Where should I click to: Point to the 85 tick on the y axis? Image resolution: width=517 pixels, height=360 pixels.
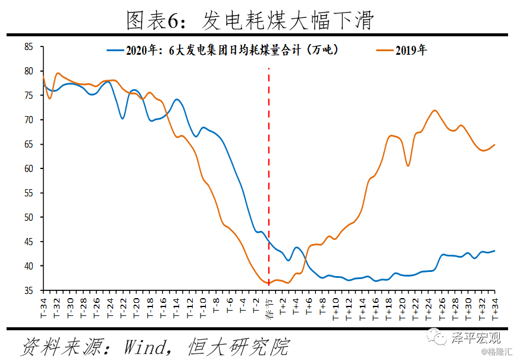point(29,46)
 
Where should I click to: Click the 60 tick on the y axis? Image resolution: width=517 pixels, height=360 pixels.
point(29,168)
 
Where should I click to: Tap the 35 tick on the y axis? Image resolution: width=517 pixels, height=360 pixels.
point(29,290)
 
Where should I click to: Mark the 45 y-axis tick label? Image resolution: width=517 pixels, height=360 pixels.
point(29,242)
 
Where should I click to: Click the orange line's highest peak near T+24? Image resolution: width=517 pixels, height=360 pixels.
point(435,110)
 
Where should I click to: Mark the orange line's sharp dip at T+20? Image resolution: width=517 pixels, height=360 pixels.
point(408,165)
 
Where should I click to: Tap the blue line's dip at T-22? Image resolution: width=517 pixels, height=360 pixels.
point(123,118)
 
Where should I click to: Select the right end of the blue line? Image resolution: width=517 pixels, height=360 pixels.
point(494,251)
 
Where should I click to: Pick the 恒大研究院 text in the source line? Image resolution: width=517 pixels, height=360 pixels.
point(238,346)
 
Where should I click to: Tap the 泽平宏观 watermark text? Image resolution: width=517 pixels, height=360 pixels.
point(476,339)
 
